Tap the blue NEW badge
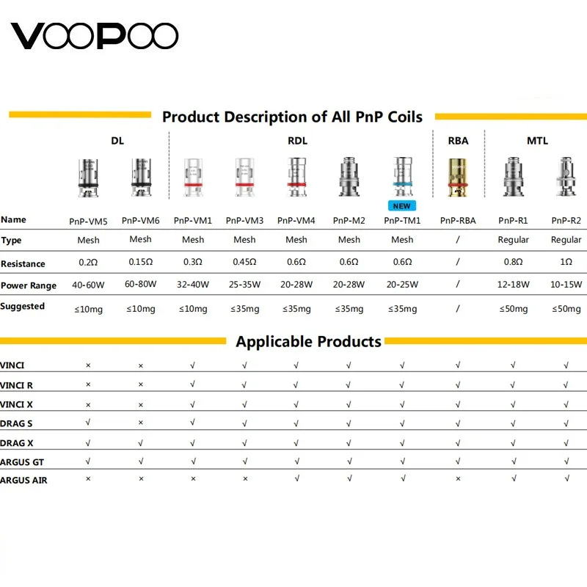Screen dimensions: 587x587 (x=402, y=206)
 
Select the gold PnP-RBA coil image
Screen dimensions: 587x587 (x=458, y=176)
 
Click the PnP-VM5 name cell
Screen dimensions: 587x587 (x=89, y=220)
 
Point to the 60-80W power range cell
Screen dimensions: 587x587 (x=140, y=285)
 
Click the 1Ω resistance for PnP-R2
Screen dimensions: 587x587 (x=566, y=263)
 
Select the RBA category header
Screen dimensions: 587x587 (x=458, y=141)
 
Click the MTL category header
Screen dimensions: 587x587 (x=537, y=141)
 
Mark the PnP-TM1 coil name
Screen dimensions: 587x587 (x=402, y=220)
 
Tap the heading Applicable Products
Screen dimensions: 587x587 (x=308, y=342)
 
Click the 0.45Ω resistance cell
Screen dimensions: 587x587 (x=244, y=263)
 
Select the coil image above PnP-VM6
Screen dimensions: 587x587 (x=140, y=176)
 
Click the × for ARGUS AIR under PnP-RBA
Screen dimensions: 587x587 (x=458, y=479)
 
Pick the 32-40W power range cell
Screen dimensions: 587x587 (x=193, y=285)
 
